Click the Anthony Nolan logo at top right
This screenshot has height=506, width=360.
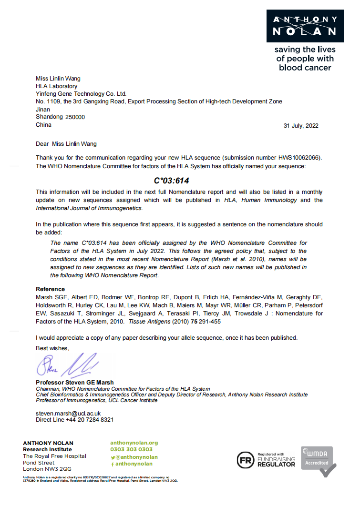click(305, 26)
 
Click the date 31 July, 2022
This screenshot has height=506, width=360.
click(301, 126)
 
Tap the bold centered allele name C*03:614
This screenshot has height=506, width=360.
click(172, 181)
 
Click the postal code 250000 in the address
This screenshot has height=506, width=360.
click(75, 117)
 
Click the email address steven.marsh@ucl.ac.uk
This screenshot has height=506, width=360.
click(68, 413)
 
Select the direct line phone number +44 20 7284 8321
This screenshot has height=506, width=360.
click(88, 420)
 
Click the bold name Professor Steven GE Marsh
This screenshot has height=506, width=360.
click(75, 383)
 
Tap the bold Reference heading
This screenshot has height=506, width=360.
click(50, 289)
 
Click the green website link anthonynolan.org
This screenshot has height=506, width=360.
click(134, 443)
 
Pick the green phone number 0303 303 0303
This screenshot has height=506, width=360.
click(132, 449)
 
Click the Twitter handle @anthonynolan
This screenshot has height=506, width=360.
click(134, 456)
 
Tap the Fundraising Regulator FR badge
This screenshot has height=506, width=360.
click(266, 460)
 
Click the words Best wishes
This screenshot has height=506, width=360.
click(52, 348)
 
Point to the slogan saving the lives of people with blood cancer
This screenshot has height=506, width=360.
click(305, 59)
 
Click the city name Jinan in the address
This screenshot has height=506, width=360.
click(43, 109)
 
